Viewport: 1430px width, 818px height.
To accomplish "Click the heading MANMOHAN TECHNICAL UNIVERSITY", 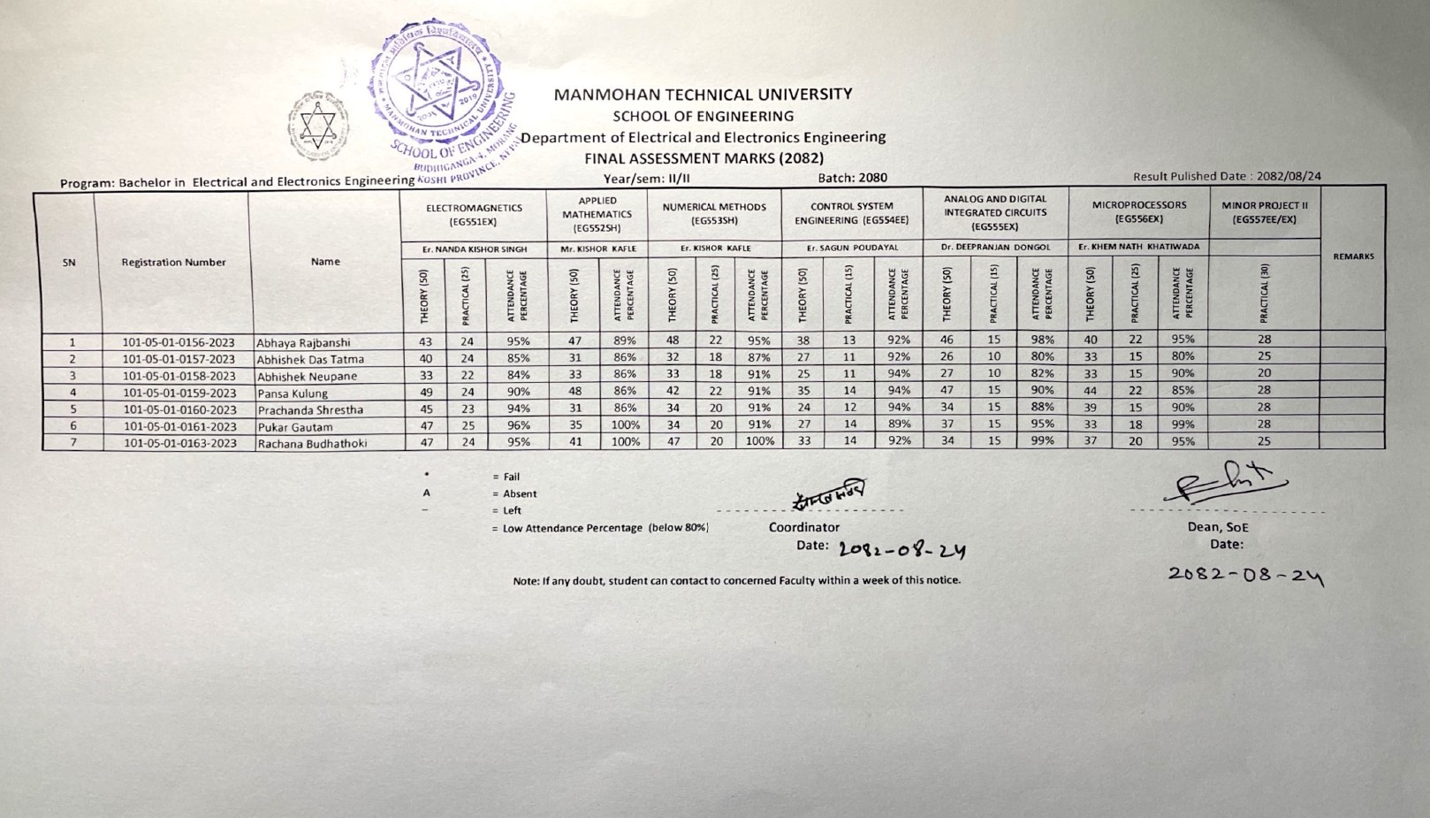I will pyautogui.click(x=703, y=94).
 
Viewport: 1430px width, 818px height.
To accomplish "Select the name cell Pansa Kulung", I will pyautogui.click(x=293, y=394).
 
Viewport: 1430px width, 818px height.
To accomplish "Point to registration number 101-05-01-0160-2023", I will pyautogui.click(x=179, y=410).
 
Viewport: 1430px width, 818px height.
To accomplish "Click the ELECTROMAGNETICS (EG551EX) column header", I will pyautogui.click(x=474, y=214).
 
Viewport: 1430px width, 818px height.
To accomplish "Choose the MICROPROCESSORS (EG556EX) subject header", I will pyautogui.click(x=1138, y=211).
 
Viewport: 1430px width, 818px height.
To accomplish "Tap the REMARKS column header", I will pyautogui.click(x=1352, y=256).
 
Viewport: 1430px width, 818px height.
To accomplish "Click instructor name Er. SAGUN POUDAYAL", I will pyautogui.click(x=851, y=248).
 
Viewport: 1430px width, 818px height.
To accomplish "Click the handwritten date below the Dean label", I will pyautogui.click(x=1245, y=575).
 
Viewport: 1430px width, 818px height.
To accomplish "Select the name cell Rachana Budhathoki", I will pyautogui.click(x=312, y=444).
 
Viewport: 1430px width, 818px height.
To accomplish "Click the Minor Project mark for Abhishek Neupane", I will pyautogui.click(x=1264, y=373).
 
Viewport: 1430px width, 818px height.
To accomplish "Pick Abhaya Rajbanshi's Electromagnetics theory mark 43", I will pyautogui.click(x=425, y=341).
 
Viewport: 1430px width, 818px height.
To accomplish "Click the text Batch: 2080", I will pyautogui.click(x=852, y=178).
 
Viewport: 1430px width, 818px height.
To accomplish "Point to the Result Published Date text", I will pyautogui.click(x=1227, y=176).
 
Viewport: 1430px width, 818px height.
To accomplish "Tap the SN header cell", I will pyautogui.click(x=69, y=263).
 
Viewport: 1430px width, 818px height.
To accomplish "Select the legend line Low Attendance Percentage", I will pyautogui.click(x=605, y=528).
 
